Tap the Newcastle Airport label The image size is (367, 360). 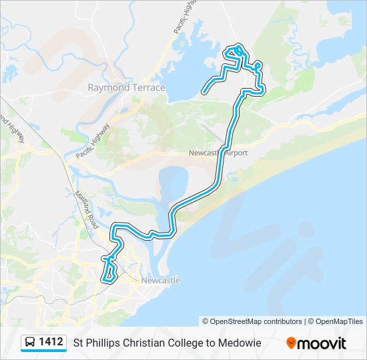click(x=218, y=153)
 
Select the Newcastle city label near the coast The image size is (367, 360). click(x=159, y=280)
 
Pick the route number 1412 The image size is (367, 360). click(x=51, y=343)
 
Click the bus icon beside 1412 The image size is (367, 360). click(x=30, y=343)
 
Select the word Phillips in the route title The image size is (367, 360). click(x=103, y=343)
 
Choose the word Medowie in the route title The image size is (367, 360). click(x=238, y=343)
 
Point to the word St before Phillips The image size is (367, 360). click(x=78, y=343)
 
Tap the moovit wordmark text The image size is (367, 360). click(x=322, y=343)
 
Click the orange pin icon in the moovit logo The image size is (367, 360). click(x=291, y=343)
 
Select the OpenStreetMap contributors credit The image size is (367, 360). click(x=252, y=321)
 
